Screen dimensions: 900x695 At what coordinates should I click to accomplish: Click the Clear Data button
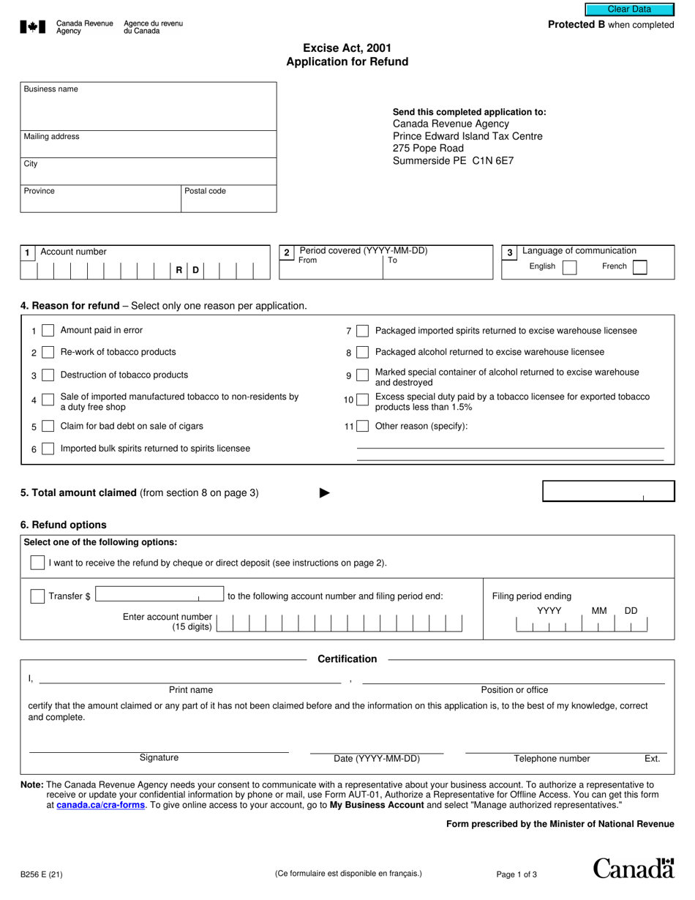[628, 10]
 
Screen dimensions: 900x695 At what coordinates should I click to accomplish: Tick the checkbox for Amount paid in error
[48, 331]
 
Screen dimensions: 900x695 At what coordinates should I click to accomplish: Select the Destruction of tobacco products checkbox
[48, 375]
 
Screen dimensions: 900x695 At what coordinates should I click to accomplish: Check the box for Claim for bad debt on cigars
[48, 427]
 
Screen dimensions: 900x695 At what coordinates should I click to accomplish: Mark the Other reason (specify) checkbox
[362, 427]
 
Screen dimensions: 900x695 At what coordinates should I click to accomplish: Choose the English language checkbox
[569, 267]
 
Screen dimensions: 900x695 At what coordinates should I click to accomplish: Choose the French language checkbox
[639, 267]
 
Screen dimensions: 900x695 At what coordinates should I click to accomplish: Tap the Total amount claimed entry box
[608, 492]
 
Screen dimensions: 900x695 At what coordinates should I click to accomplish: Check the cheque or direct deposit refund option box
[37, 563]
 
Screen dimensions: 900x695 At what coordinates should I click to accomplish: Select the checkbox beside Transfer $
[37, 596]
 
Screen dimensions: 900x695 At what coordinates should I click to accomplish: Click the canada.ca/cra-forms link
[100, 805]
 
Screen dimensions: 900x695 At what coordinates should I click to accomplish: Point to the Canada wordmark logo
[633, 869]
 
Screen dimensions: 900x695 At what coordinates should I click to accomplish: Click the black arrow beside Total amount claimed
[325, 493]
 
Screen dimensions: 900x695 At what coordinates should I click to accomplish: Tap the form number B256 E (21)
[41, 874]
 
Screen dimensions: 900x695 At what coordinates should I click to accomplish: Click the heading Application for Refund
[347, 62]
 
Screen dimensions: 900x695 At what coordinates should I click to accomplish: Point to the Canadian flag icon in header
[33, 28]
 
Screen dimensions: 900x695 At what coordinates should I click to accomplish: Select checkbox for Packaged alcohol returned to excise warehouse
[362, 353]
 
